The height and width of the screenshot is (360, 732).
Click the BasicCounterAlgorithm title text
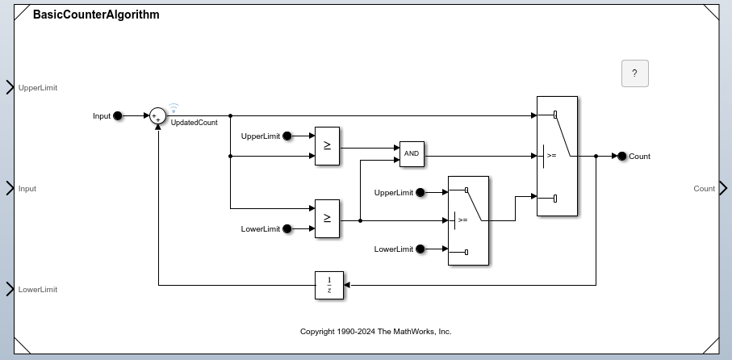tap(96, 15)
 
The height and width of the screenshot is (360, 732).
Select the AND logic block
tap(412, 154)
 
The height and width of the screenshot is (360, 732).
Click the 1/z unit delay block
tap(329, 285)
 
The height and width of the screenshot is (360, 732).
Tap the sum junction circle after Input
tap(158, 116)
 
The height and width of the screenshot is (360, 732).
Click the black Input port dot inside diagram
tap(118, 116)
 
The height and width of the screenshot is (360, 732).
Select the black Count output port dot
tap(621, 157)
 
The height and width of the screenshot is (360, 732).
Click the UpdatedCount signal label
tap(194, 123)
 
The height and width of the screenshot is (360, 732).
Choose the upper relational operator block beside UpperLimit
tap(327, 146)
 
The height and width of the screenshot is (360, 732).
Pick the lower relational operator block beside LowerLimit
tap(327, 219)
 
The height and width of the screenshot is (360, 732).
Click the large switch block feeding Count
tap(557, 157)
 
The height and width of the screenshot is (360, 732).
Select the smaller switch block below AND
tap(468, 220)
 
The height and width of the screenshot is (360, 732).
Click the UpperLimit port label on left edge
tap(38, 87)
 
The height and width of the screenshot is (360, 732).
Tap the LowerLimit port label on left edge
tap(38, 289)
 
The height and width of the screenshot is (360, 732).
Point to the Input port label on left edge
tap(27, 189)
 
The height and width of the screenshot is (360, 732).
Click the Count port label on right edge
tap(704, 189)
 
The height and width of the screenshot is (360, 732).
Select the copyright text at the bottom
tap(375, 332)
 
